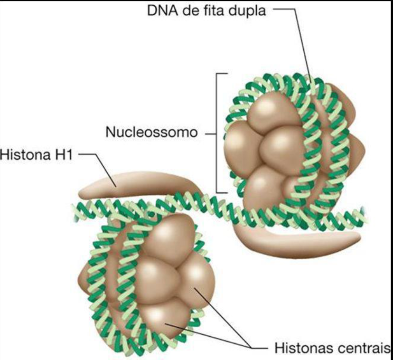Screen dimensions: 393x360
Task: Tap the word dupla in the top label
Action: (249, 10)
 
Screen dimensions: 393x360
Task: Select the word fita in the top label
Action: (221, 10)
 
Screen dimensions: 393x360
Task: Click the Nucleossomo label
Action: (151, 132)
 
